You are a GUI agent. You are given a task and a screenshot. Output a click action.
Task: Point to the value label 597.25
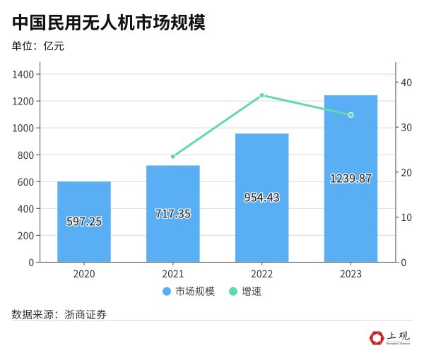point(84,221)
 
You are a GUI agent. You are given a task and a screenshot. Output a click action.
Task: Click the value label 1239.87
point(351,179)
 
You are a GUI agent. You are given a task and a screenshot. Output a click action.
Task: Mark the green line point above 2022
point(262,95)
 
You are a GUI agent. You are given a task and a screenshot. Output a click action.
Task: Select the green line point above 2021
point(173,156)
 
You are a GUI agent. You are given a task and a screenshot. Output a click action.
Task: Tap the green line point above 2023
point(351,115)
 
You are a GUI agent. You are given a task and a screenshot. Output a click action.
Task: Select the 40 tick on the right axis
point(406,83)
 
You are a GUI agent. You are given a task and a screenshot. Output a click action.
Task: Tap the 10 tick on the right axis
point(406,217)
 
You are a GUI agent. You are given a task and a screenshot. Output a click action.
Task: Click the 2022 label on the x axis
point(262,274)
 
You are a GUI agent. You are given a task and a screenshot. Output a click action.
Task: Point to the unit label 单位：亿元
point(42,47)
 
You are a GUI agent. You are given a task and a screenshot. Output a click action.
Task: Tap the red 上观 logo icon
point(376,339)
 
